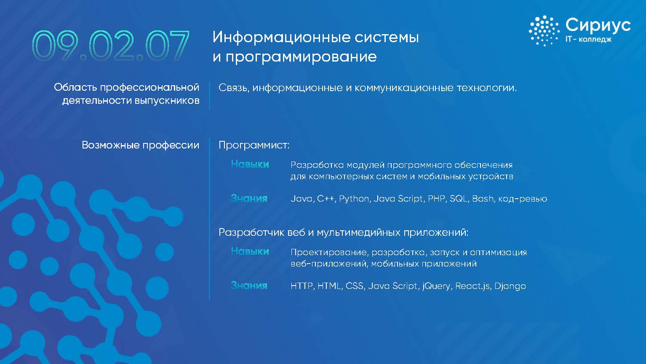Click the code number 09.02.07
pyautogui.click(x=111, y=46)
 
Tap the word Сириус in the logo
pyautogui.click(x=598, y=25)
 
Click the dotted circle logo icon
pyautogui.click(x=544, y=31)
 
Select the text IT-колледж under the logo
pyautogui.click(x=588, y=39)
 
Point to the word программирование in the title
pyautogui.click(x=301, y=57)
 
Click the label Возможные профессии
pyautogui.click(x=141, y=145)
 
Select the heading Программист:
pyautogui.click(x=254, y=145)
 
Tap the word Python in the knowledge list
pyautogui.click(x=354, y=199)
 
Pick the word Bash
pyautogui.click(x=483, y=199)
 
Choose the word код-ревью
pyautogui.click(x=523, y=199)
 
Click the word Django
pyautogui.click(x=510, y=286)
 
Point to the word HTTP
pyautogui.click(x=302, y=286)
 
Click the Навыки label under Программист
pyautogui.click(x=250, y=164)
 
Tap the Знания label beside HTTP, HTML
pyautogui.click(x=249, y=286)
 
